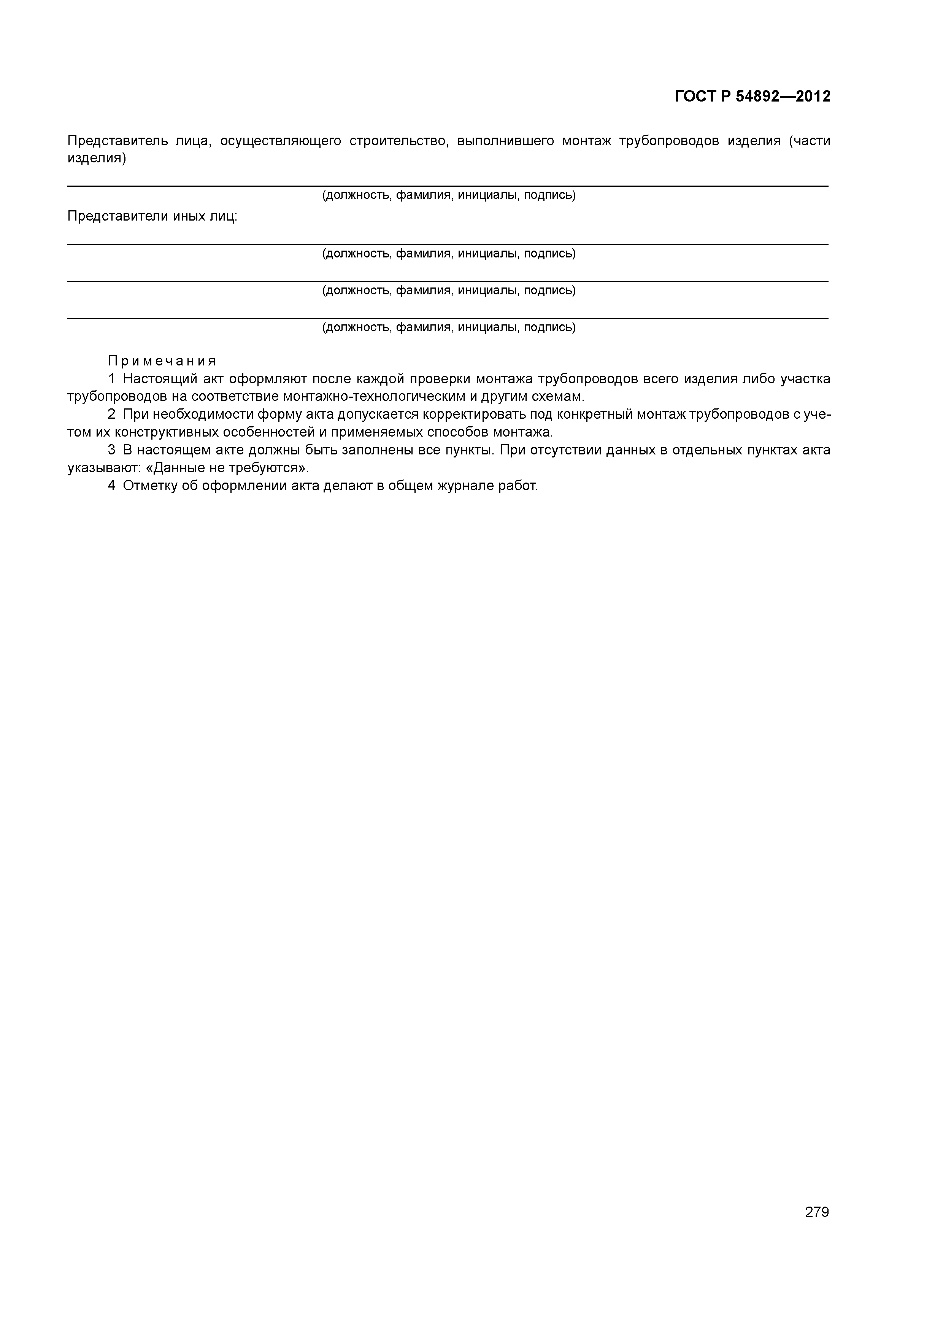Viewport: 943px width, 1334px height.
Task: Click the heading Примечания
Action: coord(162,361)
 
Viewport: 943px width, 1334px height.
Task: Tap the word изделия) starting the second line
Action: coord(97,158)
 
